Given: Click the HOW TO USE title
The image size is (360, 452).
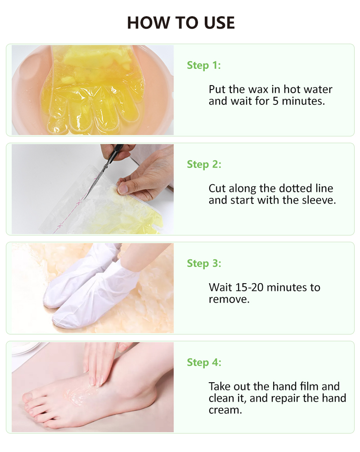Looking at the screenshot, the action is pyautogui.click(x=181, y=23).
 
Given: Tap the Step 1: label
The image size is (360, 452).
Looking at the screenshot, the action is pyautogui.click(x=204, y=65).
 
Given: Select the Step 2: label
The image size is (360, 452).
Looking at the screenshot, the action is pyautogui.click(x=204, y=164).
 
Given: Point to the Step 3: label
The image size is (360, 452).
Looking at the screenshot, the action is pyautogui.click(x=204, y=263).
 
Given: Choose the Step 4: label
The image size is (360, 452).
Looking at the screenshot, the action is pyautogui.click(x=204, y=362).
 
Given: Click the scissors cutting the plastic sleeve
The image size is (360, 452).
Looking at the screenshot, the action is pyautogui.click(x=104, y=170).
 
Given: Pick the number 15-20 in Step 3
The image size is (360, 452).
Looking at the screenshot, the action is pyautogui.click(x=249, y=287).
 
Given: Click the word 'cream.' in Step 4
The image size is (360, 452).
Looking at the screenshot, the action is pyautogui.click(x=225, y=410).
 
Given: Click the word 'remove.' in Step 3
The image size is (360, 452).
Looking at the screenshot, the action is pyautogui.click(x=229, y=299).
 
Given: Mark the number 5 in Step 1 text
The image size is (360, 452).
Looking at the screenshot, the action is pyautogui.click(x=275, y=101).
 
